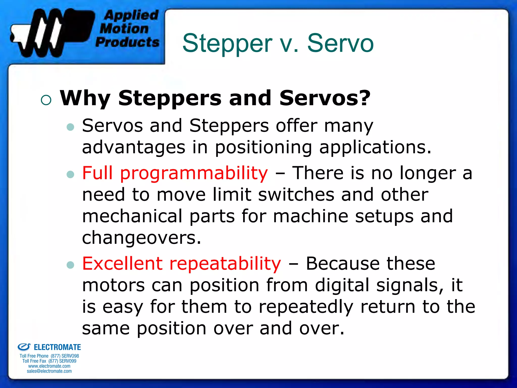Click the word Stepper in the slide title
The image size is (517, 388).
(227, 43)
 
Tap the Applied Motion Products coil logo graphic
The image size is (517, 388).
(50, 33)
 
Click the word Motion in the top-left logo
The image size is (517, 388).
(124, 28)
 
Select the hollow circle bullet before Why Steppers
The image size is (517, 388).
(46, 100)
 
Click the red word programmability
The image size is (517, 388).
(194, 173)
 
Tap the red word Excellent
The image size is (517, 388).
(122, 263)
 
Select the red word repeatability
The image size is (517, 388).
(225, 263)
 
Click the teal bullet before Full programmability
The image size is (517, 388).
(70, 174)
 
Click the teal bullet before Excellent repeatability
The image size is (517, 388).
(70, 265)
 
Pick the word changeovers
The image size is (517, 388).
(141, 238)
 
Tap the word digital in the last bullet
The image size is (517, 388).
(342, 285)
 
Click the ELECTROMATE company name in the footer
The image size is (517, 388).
(57, 347)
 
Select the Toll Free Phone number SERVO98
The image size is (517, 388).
(70, 356)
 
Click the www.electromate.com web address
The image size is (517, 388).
(49, 366)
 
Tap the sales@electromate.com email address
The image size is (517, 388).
(49, 371)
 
